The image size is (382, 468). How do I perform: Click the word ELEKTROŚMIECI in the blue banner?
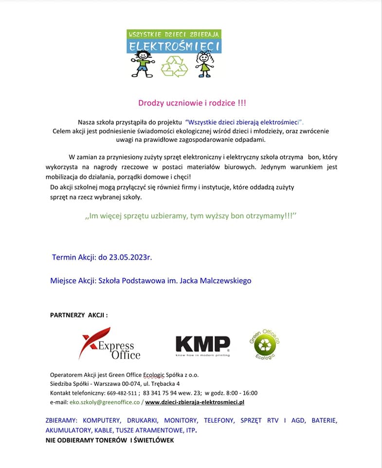tap(174, 46)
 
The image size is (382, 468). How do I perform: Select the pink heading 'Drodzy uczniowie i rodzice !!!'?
tap(192, 103)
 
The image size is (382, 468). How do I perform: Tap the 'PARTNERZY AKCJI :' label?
tap(79, 315)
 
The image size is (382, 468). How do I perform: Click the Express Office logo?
tap(110, 343)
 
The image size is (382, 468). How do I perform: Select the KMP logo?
tap(202, 345)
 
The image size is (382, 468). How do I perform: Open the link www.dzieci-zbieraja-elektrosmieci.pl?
tap(195, 402)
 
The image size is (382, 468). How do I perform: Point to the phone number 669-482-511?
tap(122, 393)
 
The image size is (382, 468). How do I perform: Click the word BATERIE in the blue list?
tap(324, 420)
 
